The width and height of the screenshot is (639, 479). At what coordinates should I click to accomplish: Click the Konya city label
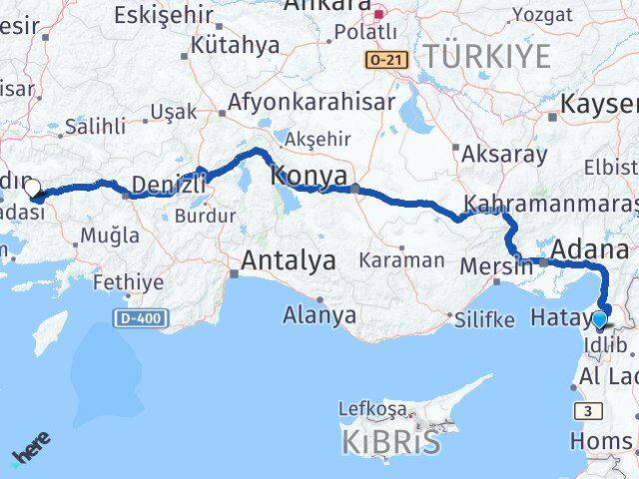(310, 175)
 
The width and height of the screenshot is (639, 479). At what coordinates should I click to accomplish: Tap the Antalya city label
(288, 261)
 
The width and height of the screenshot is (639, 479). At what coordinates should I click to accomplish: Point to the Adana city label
(594, 249)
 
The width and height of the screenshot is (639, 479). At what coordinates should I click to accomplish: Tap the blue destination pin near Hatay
(599, 320)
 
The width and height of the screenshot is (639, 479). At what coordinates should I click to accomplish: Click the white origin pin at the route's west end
(32, 188)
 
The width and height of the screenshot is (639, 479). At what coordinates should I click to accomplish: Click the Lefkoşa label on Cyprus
(372, 409)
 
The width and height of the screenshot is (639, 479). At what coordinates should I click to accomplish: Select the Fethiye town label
(128, 282)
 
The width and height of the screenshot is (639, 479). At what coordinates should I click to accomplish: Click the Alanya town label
(319, 315)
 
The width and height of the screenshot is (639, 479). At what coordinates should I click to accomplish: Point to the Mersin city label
(496, 266)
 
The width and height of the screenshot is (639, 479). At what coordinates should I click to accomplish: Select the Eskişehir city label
(163, 15)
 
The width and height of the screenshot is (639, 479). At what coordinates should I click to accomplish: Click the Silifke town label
(484, 319)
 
